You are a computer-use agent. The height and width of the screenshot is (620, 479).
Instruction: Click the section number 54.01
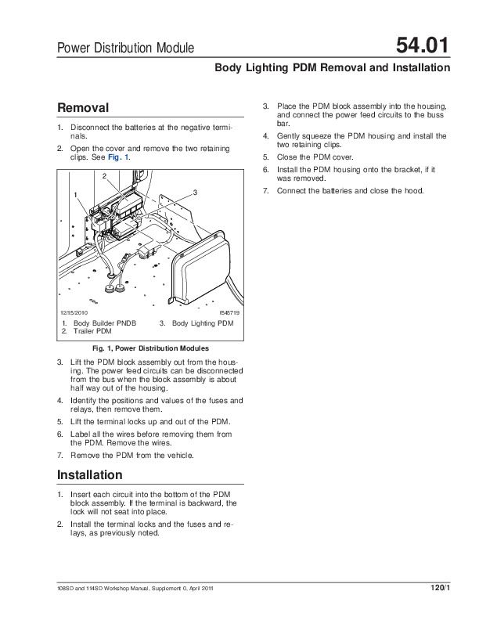(423, 47)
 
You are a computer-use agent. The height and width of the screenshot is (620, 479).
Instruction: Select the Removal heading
(85, 107)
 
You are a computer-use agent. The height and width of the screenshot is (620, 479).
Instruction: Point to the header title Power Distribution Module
(126, 49)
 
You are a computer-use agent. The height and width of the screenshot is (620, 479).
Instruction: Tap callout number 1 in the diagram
(77, 194)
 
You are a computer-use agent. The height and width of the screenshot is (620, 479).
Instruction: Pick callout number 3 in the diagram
(194, 193)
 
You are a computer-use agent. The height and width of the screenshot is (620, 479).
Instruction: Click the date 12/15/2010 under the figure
(75, 312)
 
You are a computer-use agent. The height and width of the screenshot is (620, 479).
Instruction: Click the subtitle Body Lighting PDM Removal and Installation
(332, 68)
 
